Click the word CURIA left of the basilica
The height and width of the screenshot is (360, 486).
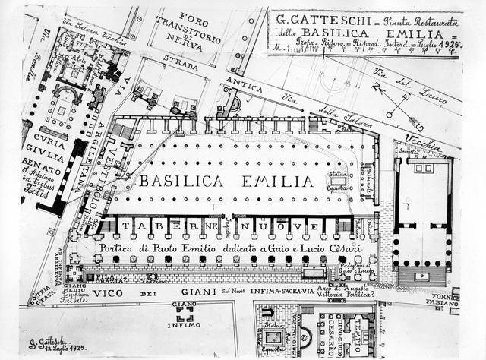pyautogui.click(x=39, y=137)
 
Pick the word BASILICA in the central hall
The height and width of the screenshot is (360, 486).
pyautogui.click(x=176, y=181)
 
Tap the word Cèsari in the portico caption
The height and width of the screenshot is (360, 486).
pyautogui.click(x=338, y=247)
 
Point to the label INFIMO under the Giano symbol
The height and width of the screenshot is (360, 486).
pyautogui.click(x=184, y=325)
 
